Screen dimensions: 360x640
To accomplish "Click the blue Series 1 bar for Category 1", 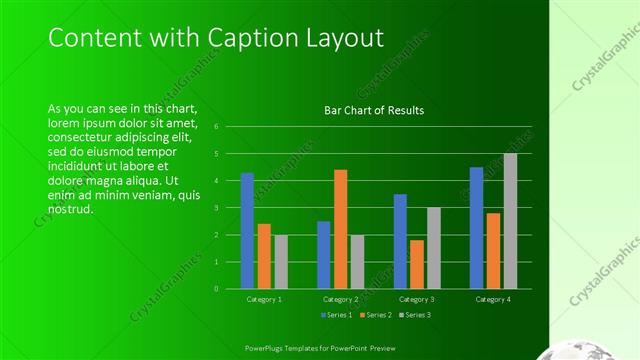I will (247, 231).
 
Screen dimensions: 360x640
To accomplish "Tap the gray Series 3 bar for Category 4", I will (510, 221).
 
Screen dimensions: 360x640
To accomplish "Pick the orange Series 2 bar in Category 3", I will (417, 264).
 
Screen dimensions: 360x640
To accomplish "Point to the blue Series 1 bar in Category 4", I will (476, 228).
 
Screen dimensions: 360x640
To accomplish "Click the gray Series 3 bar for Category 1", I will (281, 262).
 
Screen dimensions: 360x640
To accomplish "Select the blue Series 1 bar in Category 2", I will (324, 255).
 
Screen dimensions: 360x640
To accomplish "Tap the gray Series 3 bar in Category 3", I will (433, 248).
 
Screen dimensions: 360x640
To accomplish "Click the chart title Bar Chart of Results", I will (374, 110).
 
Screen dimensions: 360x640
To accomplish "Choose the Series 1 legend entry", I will (335, 315).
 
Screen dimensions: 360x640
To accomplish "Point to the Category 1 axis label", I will (264, 299).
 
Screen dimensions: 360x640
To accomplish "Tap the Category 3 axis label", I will (417, 299).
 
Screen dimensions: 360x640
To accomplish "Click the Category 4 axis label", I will (493, 299).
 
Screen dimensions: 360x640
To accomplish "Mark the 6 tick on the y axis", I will (229, 127).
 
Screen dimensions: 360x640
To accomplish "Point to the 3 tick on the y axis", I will (229, 208).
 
